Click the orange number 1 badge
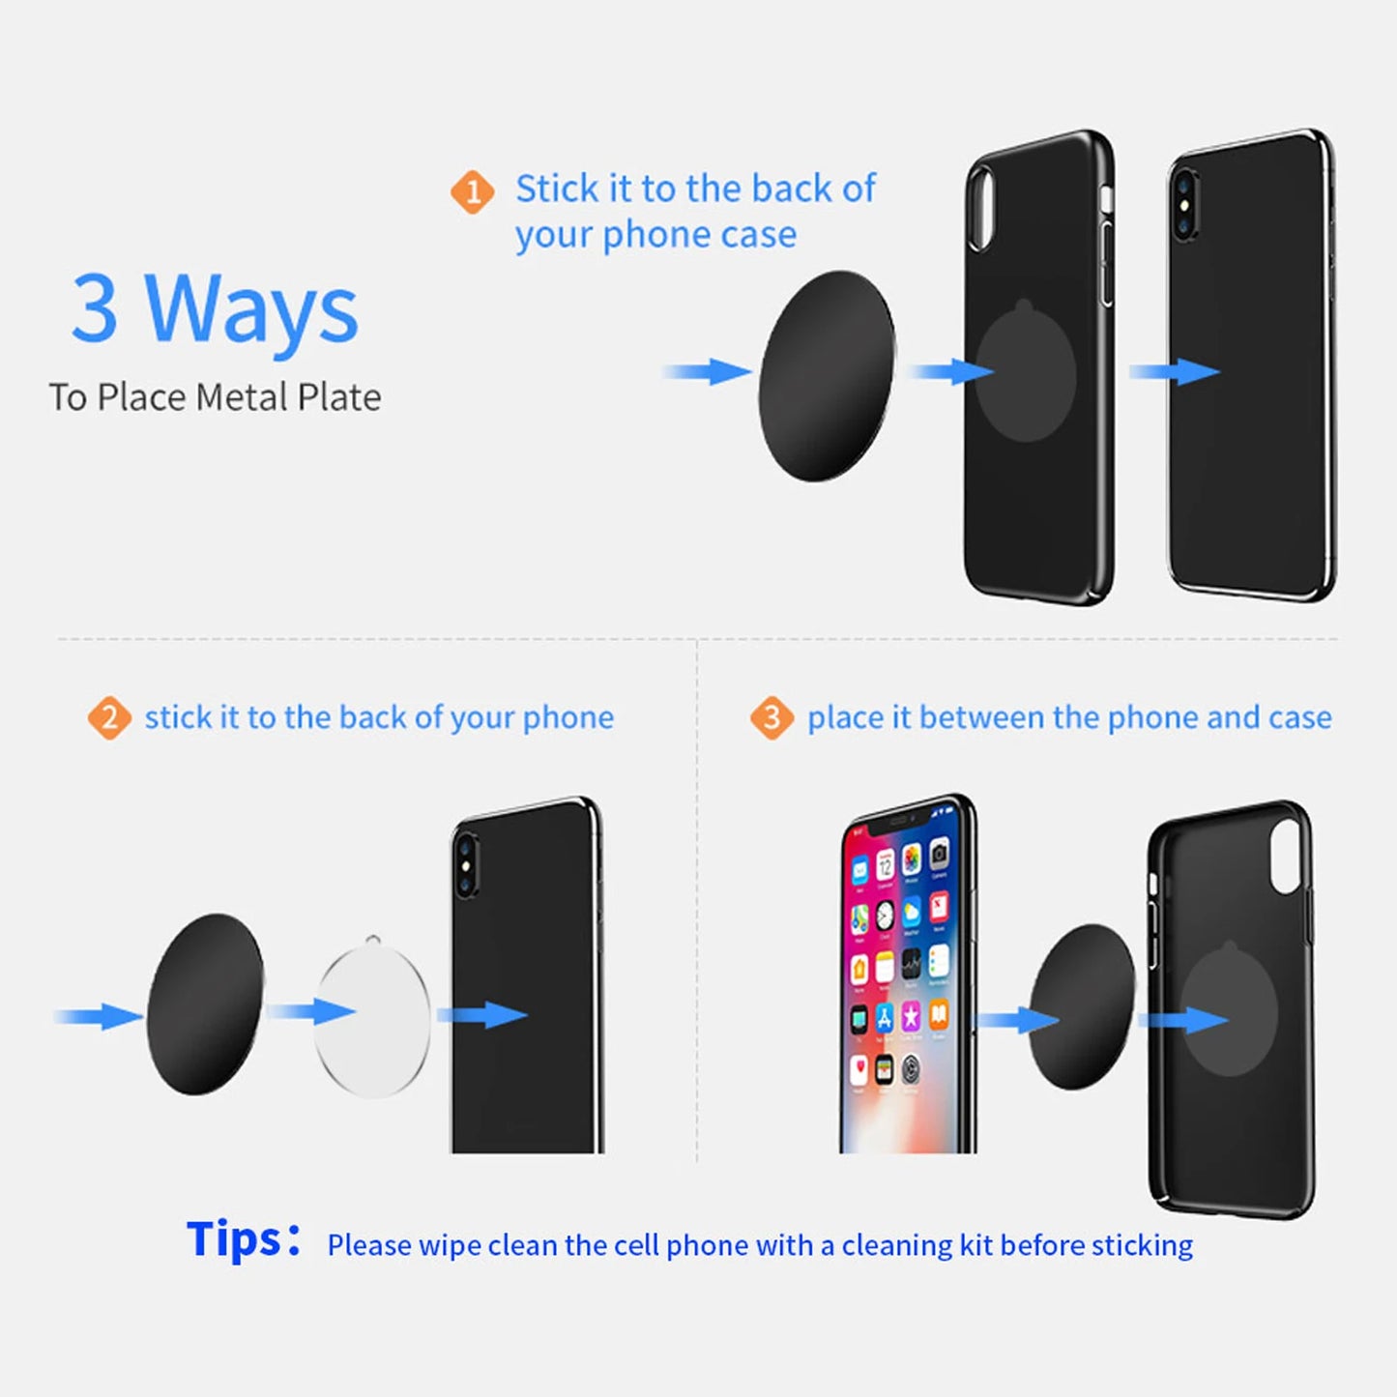click(x=473, y=192)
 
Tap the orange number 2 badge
click(x=109, y=718)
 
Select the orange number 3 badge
click(x=771, y=718)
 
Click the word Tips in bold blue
click(x=235, y=1239)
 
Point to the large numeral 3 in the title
click(x=95, y=309)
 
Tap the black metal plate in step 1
click(x=827, y=375)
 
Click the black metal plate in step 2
click(x=205, y=1004)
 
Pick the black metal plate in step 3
click(x=1082, y=1006)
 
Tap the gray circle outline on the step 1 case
click(x=1026, y=372)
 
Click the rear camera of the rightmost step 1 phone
click(x=1184, y=204)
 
